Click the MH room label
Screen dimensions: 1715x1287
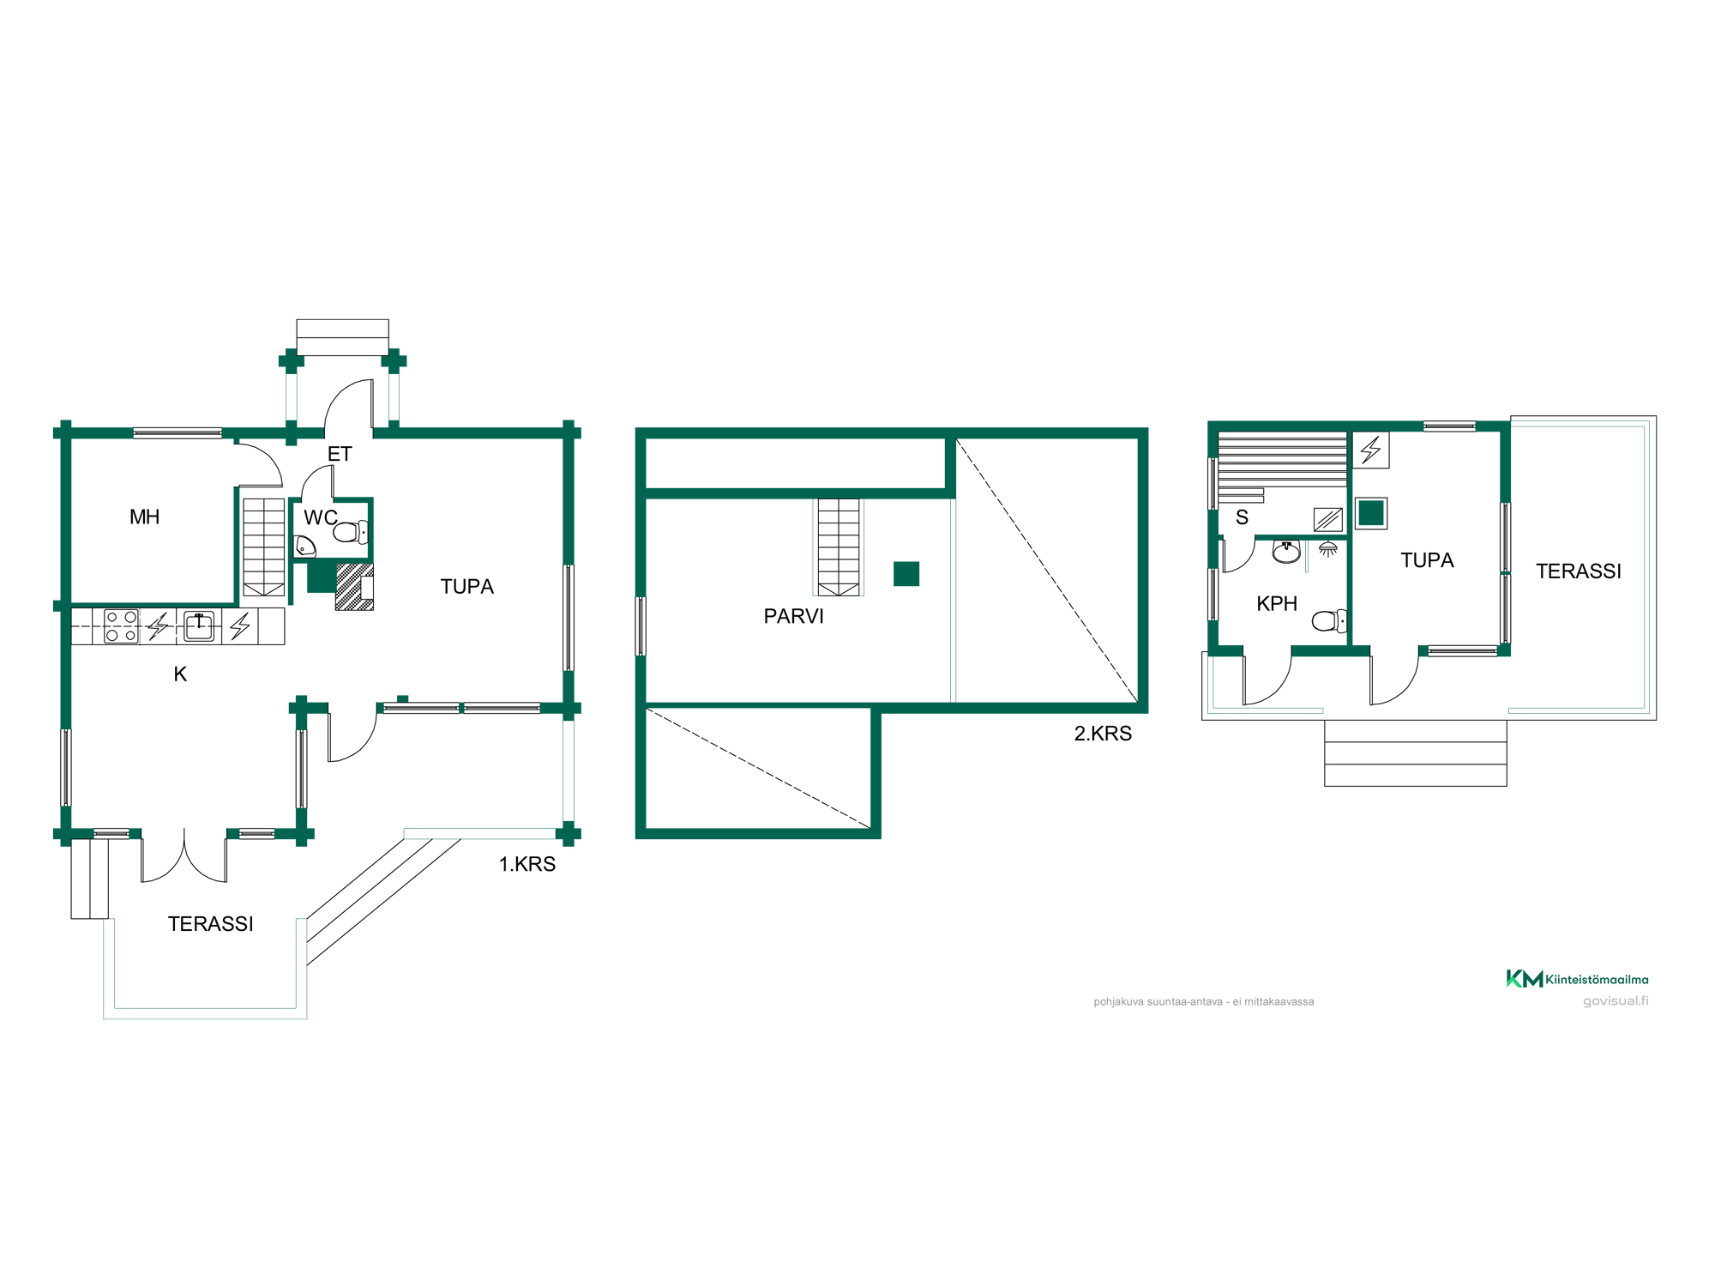click(x=145, y=517)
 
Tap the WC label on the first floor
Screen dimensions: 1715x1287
click(x=321, y=517)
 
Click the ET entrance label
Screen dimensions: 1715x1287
click(x=340, y=454)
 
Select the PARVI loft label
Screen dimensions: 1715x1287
click(x=793, y=616)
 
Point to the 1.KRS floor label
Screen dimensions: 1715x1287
click(x=527, y=864)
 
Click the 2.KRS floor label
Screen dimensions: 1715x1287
click(x=1103, y=734)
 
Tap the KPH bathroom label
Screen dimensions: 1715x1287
click(x=1277, y=604)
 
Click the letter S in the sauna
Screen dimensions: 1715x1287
click(x=1242, y=517)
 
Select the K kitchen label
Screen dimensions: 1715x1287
click(x=180, y=674)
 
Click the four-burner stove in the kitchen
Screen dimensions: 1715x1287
click(x=121, y=626)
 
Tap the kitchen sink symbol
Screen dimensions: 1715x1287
click(x=199, y=626)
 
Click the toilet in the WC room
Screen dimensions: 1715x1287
click(x=350, y=533)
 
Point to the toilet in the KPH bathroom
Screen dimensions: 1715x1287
click(x=1329, y=620)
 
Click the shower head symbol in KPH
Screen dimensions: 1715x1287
click(x=1327, y=549)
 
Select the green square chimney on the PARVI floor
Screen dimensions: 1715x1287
click(x=906, y=574)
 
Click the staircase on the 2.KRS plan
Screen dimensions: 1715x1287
click(x=839, y=547)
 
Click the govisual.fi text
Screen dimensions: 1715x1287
click(x=1616, y=1001)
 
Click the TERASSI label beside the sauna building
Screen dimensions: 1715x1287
click(x=1579, y=571)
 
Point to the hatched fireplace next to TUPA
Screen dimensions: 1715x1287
click(x=354, y=587)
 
